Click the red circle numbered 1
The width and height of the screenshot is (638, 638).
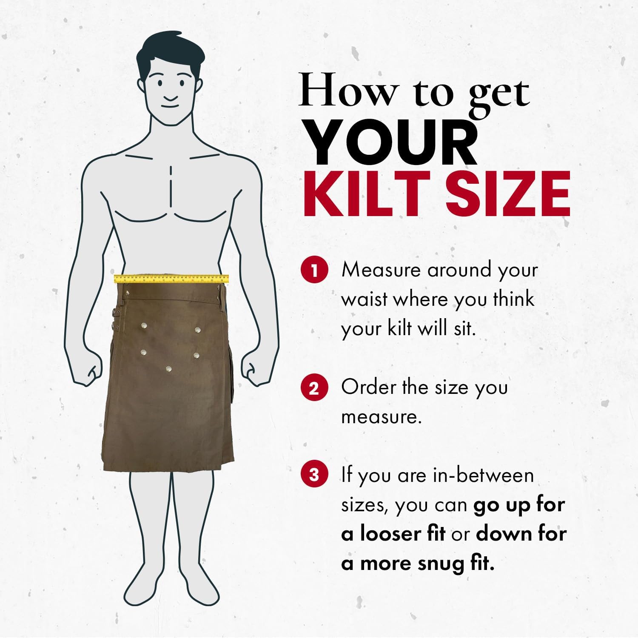point(314,270)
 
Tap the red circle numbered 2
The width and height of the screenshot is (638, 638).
point(314,388)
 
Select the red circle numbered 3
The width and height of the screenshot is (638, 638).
point(314,474)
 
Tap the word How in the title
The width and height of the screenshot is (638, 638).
point(347,91)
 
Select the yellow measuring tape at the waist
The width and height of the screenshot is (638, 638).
point(171,279)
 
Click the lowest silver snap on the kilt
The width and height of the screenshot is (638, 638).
point(169,369)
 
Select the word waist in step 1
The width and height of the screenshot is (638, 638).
point(364,299)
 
